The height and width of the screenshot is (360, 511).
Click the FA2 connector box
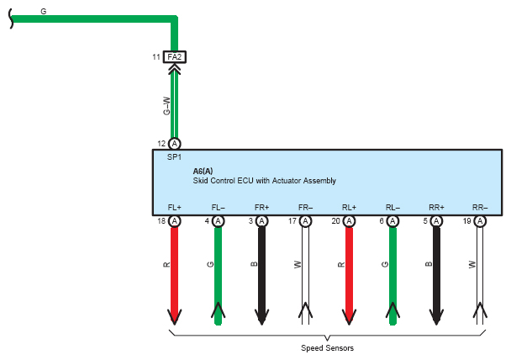175,57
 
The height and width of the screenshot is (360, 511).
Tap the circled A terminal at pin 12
175,144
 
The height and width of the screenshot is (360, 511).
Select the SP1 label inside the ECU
174,157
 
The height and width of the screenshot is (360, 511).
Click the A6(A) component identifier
203,172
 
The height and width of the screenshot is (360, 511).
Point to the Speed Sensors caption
327,348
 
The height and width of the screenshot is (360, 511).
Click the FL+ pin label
175,208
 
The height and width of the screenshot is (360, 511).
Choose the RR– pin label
480,208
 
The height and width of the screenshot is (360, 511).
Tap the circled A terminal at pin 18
175,221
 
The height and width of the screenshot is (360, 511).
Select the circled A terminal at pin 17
305,221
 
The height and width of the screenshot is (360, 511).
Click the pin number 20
336,221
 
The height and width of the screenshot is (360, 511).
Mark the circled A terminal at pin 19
480,221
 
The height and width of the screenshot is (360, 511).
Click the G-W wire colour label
166,106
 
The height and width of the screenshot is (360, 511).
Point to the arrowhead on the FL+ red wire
175,316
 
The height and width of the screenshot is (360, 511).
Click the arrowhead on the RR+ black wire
436,316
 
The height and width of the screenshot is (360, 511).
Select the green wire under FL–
218,276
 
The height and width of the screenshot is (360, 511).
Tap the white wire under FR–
305,276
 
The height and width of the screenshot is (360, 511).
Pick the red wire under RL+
349,276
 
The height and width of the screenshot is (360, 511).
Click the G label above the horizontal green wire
44,12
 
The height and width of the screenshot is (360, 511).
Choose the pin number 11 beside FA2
156,57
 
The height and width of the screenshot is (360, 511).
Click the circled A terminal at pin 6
392,221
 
